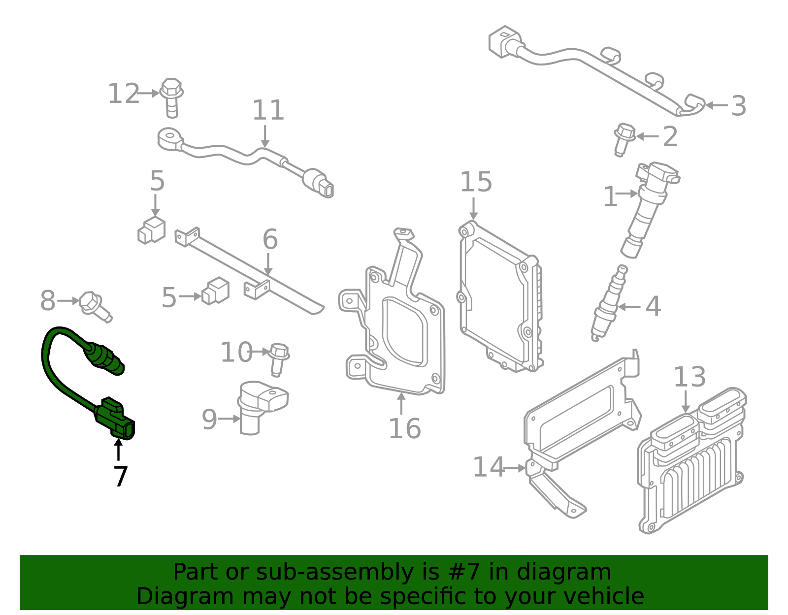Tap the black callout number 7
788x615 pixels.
pyautogui.click(x=120, y=477)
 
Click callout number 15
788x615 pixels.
pyautogui.click(x=476, y=182)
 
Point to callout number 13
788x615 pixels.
pyautogui.click(x=689, y=377)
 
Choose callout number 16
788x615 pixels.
pyautogui.click(x=404, y=428)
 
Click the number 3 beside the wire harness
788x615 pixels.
pyautogui.click(x=738, y=106)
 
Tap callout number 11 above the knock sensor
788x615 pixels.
pyautogui.click(x=268, y=110)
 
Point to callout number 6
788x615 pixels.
pyautogui.click(x=270, y=239)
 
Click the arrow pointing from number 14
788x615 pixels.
pyautogui.click(x=516, y=468)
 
